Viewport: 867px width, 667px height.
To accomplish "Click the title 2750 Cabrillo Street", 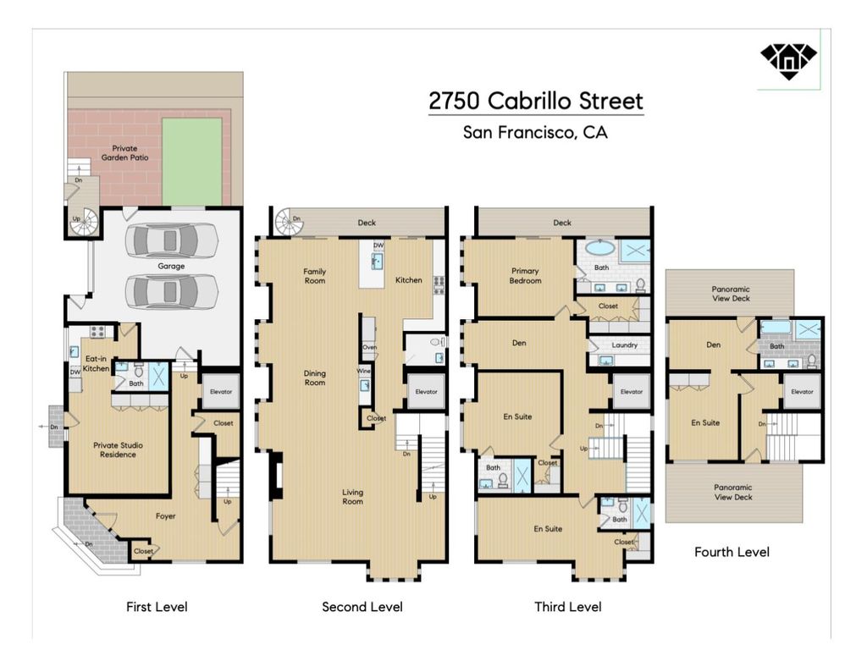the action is point(536,101).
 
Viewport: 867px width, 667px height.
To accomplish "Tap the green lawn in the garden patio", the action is point(192,160).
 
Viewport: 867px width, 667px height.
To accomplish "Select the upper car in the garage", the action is point(171,240).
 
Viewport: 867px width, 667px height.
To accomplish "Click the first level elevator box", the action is point(221,391).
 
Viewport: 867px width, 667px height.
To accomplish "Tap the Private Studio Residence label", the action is point(118,449).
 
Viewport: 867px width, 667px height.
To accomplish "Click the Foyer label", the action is point(165,516).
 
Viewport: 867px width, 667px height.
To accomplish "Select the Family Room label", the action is point(315,276).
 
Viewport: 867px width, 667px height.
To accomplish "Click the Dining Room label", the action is point(315,378).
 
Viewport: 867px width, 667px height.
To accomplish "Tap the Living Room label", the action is point(352,497).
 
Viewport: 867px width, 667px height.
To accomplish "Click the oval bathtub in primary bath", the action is point(600,247).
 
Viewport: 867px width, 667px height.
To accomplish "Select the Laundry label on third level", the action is point(625,345).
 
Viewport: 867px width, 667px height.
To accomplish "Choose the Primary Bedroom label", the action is point(525,275).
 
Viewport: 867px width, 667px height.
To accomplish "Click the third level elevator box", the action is point(632,391).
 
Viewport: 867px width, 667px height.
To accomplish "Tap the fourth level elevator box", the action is point(803,391).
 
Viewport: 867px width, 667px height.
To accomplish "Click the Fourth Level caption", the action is point(732,552).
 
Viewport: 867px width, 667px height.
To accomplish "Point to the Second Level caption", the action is point(362,607).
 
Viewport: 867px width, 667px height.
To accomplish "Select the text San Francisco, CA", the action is point(535,133).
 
